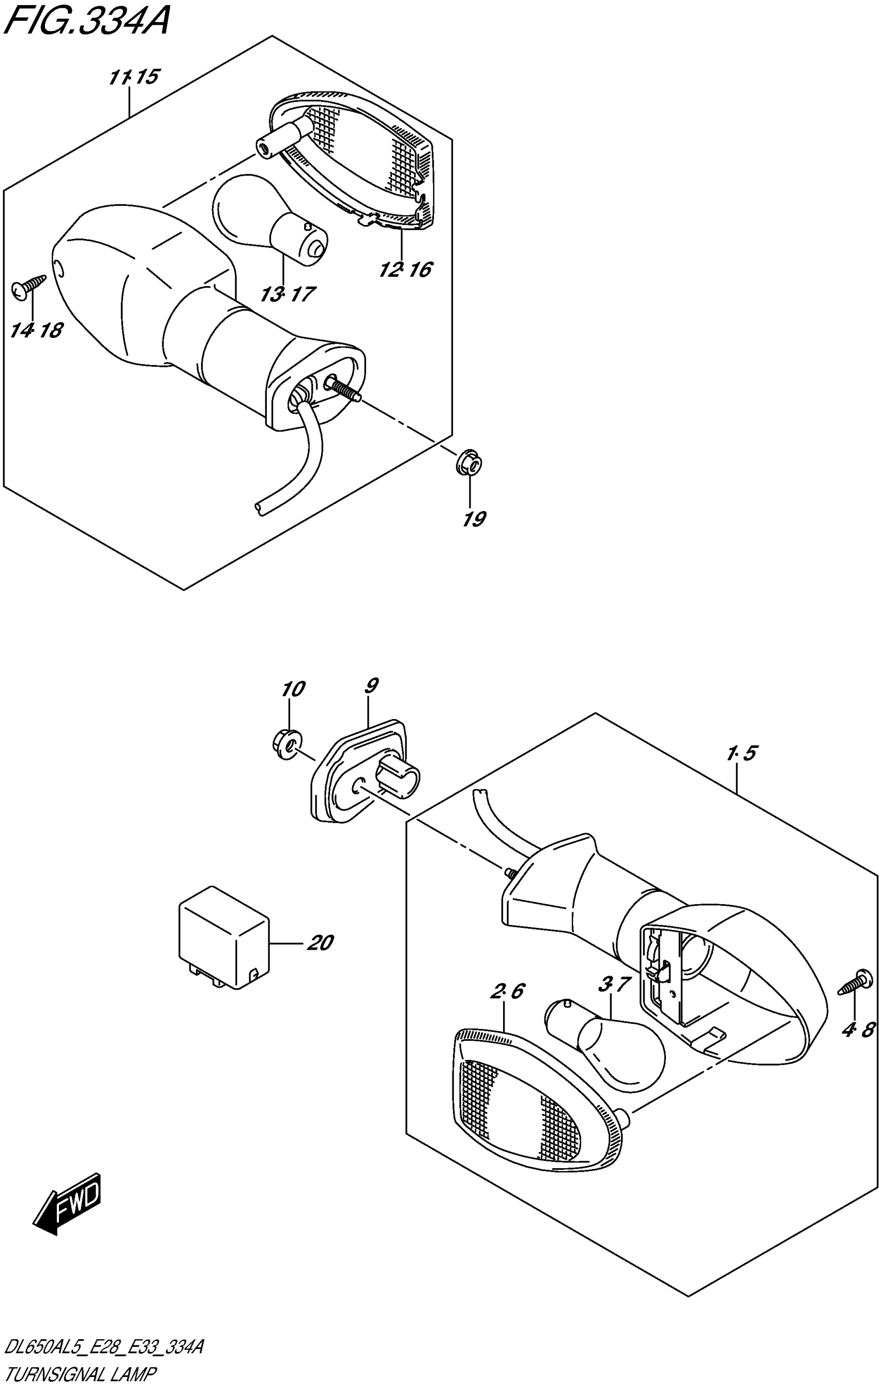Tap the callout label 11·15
coord(133,78)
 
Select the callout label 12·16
coord(405,269)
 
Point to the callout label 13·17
coord(287,295)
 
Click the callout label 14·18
coord(36,331)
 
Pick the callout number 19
coord(474,519)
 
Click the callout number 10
coord(293,689)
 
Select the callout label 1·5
coord(742,753)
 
